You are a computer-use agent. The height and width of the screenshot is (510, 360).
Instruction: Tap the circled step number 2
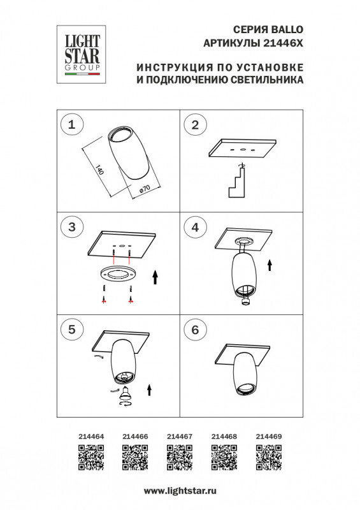[x=196, y=124]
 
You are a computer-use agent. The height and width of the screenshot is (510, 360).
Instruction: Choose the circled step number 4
[x=196, y=226]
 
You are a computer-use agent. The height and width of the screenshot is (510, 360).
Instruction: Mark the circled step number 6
[x=196, y=329]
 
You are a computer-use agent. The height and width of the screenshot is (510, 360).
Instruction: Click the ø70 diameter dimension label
[x=144, y=189]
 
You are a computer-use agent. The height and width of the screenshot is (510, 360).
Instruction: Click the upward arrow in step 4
[x=270, y=265]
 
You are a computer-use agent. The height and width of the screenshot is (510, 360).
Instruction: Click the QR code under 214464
[x=90, y=458]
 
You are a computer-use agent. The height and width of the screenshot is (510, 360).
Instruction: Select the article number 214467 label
[x=180, y=437]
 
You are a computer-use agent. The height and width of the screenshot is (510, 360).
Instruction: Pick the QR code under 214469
[x=268, y=458]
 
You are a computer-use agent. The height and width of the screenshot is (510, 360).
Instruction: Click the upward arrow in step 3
[x=155, y=277]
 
